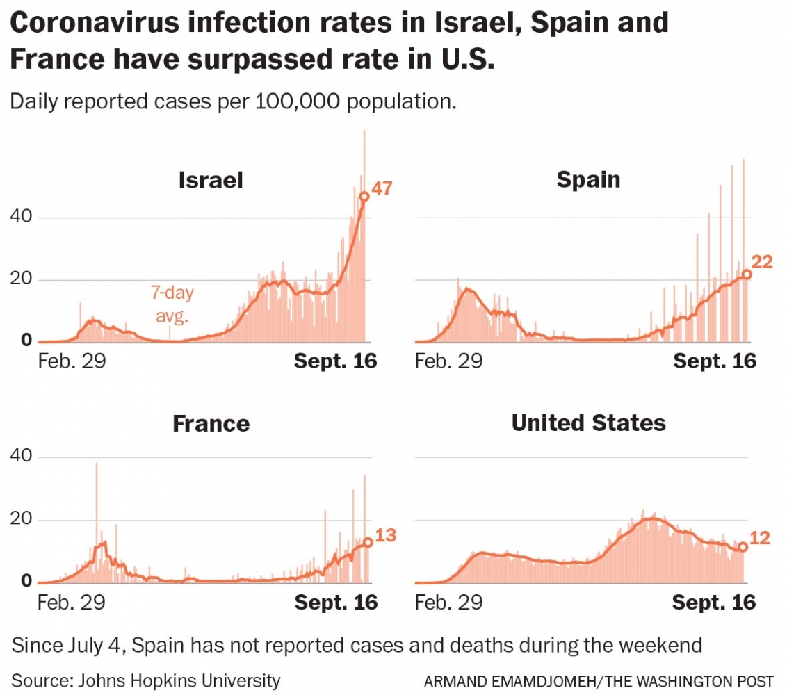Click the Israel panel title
(x=211, y=180)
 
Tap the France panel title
(x=211, y=423)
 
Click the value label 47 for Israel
(x=383, y=188)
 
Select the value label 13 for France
(x=386, y=535)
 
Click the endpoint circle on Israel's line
(x=364, y=197)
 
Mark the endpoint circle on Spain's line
(x=747, y=274)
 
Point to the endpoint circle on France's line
(x=368, y=542)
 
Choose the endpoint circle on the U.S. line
(x=743, y=547)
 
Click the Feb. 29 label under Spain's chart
(x=448, y=361)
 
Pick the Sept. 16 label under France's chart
(x=336, y=602)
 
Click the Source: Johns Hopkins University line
(x=146, y=680)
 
